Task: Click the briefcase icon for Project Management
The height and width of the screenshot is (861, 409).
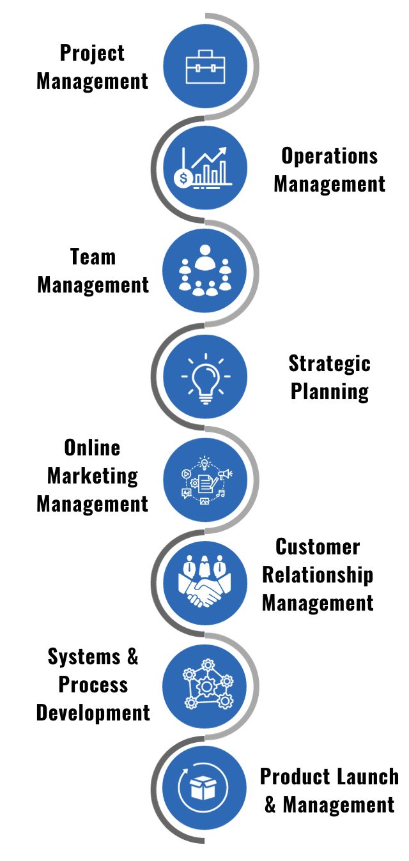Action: point(205,66)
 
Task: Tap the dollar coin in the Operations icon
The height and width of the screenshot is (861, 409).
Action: point(183,178)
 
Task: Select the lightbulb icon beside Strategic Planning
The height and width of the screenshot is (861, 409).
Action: point(205,377)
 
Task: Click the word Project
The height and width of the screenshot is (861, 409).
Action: point(92,54)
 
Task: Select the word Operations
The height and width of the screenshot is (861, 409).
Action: point(329,156)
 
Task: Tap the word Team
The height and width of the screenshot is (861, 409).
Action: point(93,257)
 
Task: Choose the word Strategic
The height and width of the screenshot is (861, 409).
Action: point(329,363)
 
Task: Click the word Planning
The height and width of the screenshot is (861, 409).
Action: point(329,391)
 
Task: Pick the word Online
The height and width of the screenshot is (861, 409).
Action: point(92,448)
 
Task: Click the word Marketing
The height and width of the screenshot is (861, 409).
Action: point(92,476)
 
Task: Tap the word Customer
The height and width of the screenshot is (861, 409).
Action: point(318,547)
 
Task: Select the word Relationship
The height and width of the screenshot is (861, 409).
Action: point(318,575)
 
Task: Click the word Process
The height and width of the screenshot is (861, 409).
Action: point(93,685)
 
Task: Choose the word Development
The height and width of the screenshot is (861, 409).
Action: point(93,712)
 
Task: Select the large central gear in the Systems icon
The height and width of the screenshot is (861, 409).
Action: point(205,687)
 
